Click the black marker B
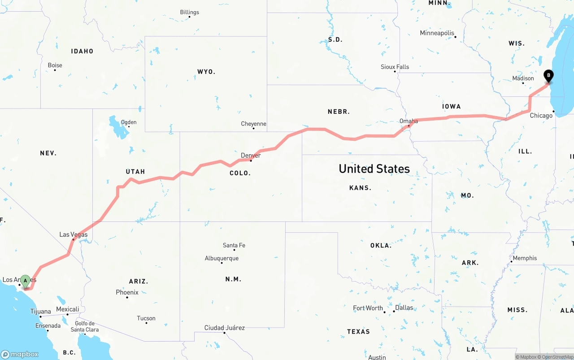pyautogui.click(x=548, y=76)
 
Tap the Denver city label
pyautogui.click(x=251, y=156)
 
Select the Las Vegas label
pyautogui.click(x=74, y=234)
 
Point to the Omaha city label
pyautogui.click(x=409, y=121)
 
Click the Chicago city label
pyautogui.click(x=541, y=116)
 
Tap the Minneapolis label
pyautogui.click(x=437, y=33)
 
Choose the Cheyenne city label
pyautogui.click(x=253, y=124)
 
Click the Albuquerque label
pyautogui.click(x=222, y=258)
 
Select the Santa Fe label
pyautogui.click(x=234, y=245)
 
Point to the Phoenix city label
pyautogui.click(x=127, y=292)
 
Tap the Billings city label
pyautogui.click(x=189, y=13)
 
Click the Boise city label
pyautogui.click(x=55, y=65)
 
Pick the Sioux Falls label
pyautogui.click(x=395, y=67)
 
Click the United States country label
pyautogui.click(x=374, y=169)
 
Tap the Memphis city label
pyautogui.click(x=525, y=258)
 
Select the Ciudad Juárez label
pyautogui.click(x=224, y=328)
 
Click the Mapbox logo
pyautogui.click(x=20, y=354)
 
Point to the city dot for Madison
pyautogui.click(x=523, y=83)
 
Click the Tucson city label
pyautogui.click(x=146, y=318)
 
